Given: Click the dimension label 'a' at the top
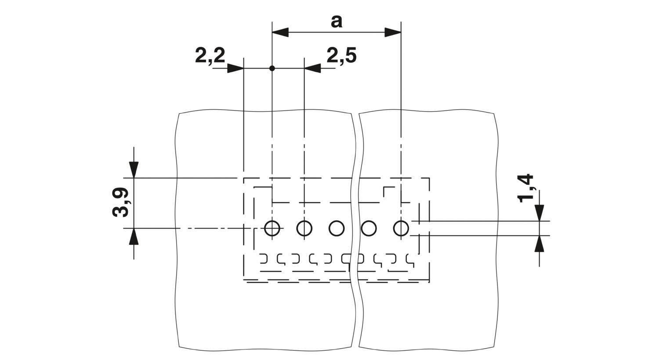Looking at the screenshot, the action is click(337, 22).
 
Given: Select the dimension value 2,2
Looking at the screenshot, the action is click(210, 56).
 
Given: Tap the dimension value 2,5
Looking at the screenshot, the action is click(341, 56).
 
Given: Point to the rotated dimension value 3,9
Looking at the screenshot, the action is click(120, 202).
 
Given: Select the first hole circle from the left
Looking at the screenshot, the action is click(272, 228).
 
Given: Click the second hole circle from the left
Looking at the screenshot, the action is click(304, 228).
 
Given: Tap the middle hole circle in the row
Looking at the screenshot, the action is click(337, 228).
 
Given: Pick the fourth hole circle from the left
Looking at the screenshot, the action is click(369, 228).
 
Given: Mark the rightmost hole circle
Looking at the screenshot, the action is click(401, 228).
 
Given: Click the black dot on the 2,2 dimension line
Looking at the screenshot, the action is click(272, 68).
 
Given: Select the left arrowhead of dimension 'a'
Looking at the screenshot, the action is click(280, 32).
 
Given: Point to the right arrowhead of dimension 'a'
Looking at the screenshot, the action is click(393, 32).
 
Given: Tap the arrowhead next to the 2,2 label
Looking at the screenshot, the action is click(235, 68).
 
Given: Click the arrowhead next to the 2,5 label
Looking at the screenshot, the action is click(312, 68).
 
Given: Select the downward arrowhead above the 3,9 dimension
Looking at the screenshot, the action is click(134, 170).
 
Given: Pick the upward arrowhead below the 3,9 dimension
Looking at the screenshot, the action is click(134, 236).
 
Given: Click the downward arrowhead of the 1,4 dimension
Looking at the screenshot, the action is click(539, 213).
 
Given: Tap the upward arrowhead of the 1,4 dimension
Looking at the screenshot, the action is click(539, 244).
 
